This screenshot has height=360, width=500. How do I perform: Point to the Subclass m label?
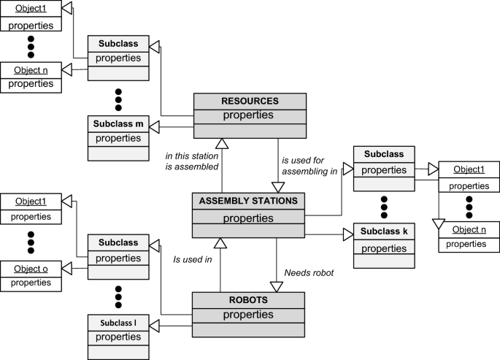(118, 123)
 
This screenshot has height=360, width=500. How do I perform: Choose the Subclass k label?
(384, 231)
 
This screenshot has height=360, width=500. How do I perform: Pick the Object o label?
(30, 268)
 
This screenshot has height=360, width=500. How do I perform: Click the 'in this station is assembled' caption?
(192, 161)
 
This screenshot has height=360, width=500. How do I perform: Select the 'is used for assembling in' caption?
(309, 165)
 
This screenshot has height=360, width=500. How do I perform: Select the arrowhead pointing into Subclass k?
(347, 235)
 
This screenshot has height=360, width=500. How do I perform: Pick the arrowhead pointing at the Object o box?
(66, 268)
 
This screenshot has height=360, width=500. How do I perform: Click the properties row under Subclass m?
(118, 138)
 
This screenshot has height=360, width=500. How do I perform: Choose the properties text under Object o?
(30, 283)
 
